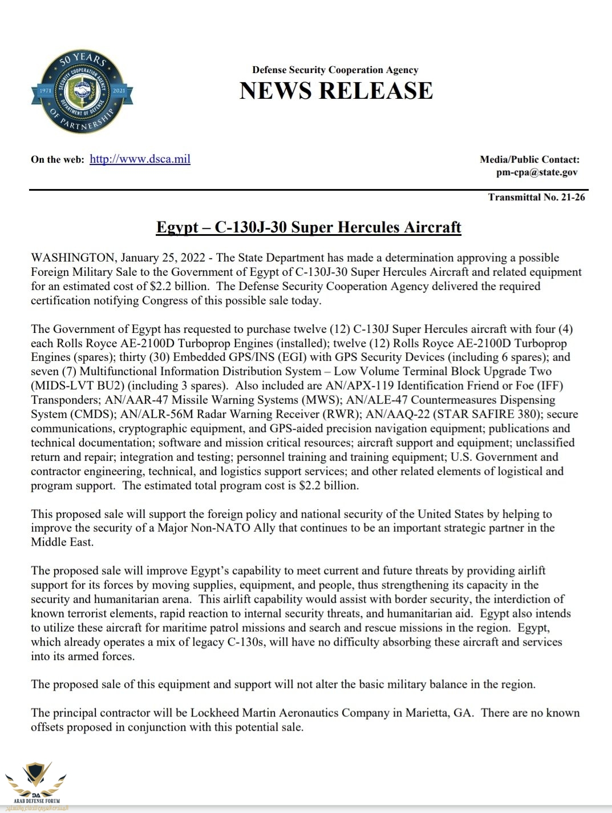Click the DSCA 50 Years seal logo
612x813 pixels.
pos(82,91)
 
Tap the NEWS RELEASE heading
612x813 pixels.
pos(336,91)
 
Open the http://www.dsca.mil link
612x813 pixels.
pos(140,159)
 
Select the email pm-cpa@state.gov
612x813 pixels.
pos(537,172)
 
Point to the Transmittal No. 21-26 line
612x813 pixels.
pos(536,198)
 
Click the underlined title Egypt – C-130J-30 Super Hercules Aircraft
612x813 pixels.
pos(309,227)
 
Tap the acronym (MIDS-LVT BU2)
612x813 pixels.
pos(70,386)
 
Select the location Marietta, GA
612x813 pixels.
pos(441,713)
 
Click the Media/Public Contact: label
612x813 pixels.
pos(529,160)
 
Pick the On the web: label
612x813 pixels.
pos(58,160)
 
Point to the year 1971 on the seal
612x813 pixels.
pos(45,91)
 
